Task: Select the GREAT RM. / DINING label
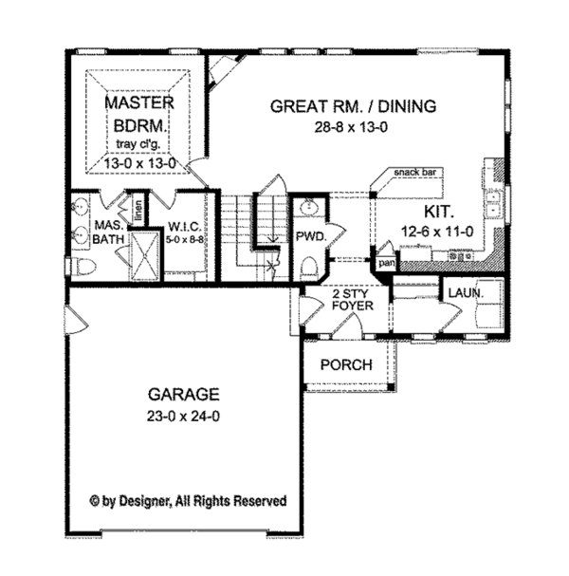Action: point(353,106)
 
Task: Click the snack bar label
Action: point(414,173)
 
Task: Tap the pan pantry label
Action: point(386,262)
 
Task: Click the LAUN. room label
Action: point(465,294)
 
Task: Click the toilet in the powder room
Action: point(306,269)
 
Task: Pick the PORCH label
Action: point(345,365)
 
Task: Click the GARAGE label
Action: point(184,394)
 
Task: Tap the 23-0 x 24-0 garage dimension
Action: point(184,415)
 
